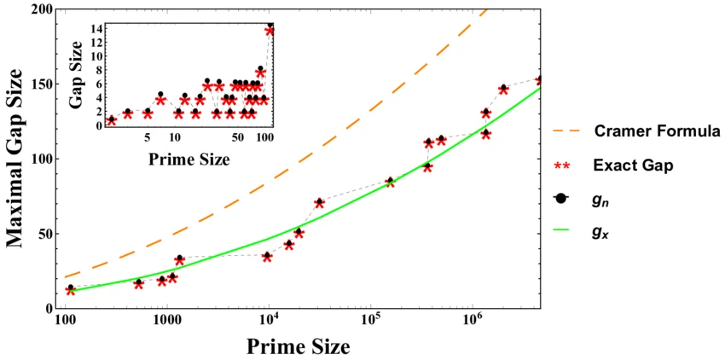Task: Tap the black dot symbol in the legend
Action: click(x=560, y=199)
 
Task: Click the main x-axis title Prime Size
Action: click(x=298, y=346)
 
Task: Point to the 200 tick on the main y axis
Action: click(x=42, y=10)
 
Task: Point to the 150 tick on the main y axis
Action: click(x=42, y=84)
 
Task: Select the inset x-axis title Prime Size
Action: click(x=186, y=159)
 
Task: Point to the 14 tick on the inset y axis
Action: click(x=97, y=29)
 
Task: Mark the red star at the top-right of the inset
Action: click(x=270, y=31)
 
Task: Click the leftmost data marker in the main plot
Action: click(x=70, y=290)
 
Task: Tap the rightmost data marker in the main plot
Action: click(x=539, y=80)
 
